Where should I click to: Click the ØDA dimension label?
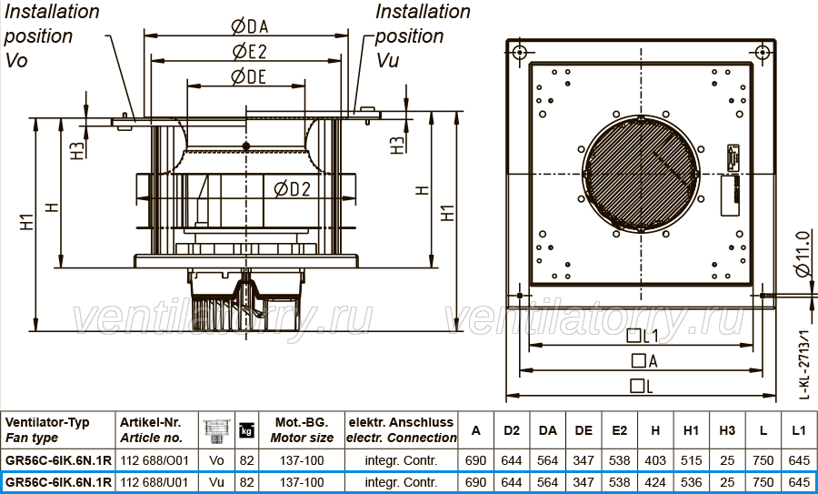[x=249, y=25]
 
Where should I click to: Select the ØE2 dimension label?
[x=249, y=51]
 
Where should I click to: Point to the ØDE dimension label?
[x=248, y=76]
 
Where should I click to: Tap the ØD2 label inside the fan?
[x=292, y=189]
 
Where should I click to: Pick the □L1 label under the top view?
[x=643, y=336]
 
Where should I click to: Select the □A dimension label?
[x=644, y=361]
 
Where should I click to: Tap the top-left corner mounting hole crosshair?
[x=519, y=52]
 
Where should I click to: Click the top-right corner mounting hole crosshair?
[x=763, y=52]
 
